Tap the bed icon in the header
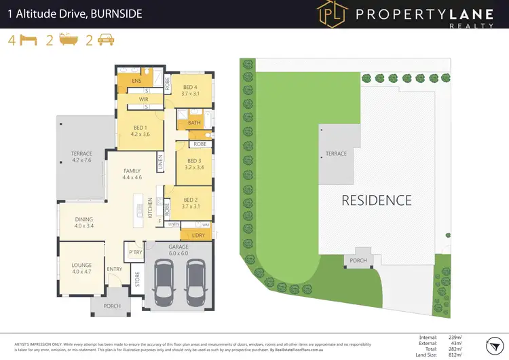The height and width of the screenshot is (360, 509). pyautogui.click(x=27, y=40)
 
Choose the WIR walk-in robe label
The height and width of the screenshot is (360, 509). pyautogui.click(x=143, y=99)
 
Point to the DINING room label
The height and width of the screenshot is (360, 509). pyautogui.click(x=84, y=219)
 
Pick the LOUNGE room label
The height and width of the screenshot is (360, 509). pyautogui.click(x=81, y=266)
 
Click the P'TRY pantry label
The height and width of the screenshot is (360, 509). pyautogui.click(x=135, y=252)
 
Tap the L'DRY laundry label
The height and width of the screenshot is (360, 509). pyautogui.click(x=198, y=236)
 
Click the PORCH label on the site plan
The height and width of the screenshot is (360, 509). pyautogui.click(x=358, y=260)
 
